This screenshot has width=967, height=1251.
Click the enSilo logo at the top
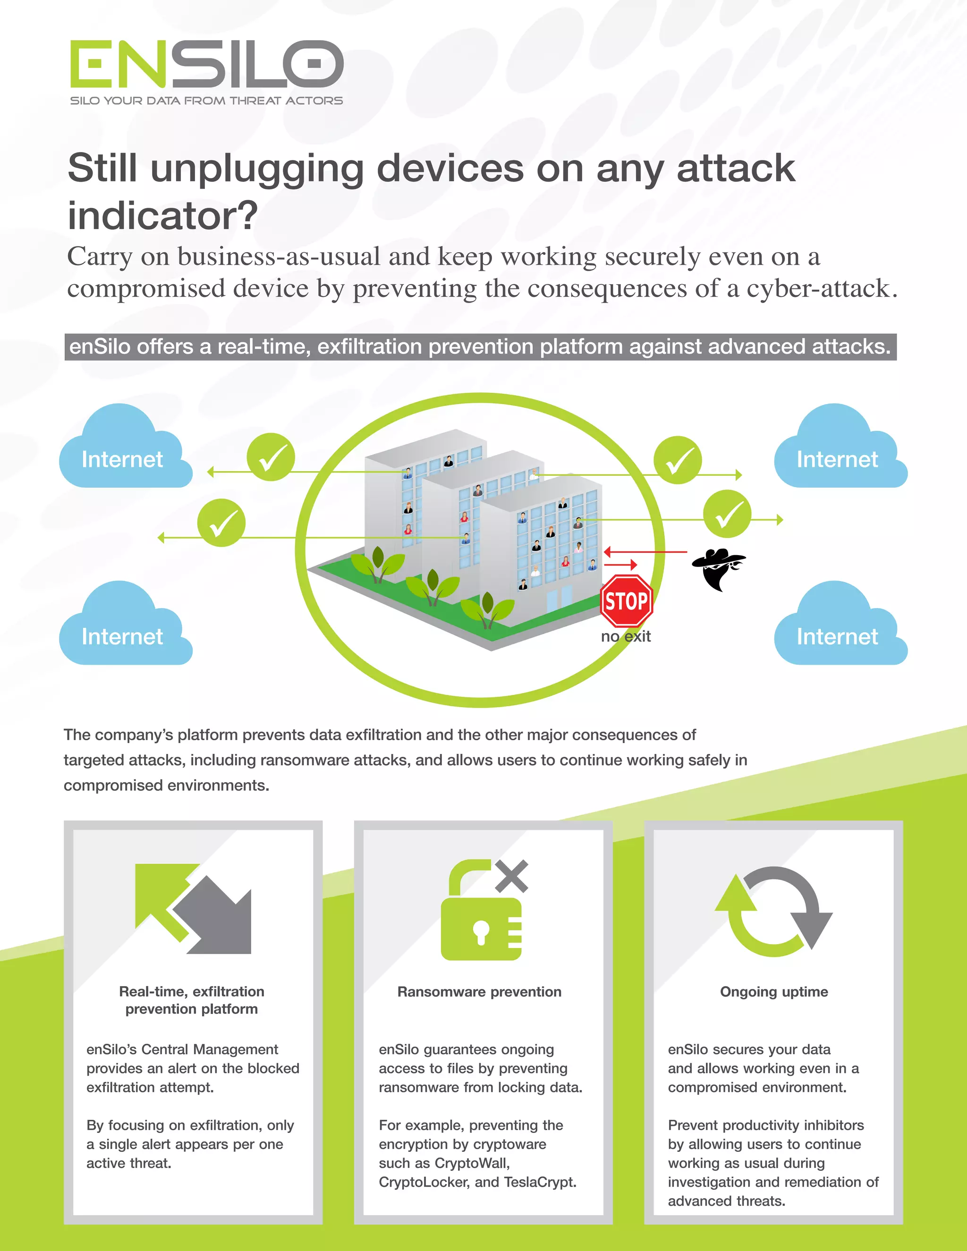(x=206, y=64)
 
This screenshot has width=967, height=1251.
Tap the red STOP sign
(x=626, y=601)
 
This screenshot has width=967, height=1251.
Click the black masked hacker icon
(x=718, y=569)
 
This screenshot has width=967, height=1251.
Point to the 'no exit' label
(x=626, y=636)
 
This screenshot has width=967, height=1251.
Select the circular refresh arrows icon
(x=773, y=911)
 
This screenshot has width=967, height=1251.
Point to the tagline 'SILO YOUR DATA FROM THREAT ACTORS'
(x=206, y=101)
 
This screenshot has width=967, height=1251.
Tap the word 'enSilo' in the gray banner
(x=99, y=347)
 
